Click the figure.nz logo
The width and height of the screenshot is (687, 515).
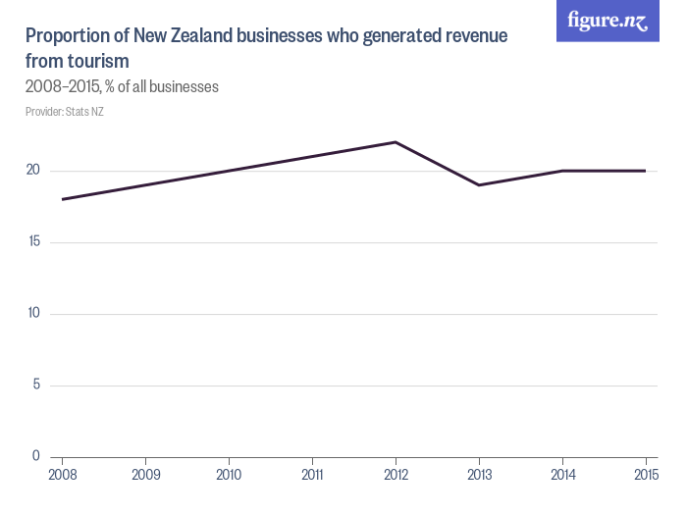608,21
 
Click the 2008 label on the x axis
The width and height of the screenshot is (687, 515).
62,475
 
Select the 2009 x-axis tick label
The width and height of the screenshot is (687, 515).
145,475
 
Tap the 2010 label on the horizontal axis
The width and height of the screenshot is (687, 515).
229,475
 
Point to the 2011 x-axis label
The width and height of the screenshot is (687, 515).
312,475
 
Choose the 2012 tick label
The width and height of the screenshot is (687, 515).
395,475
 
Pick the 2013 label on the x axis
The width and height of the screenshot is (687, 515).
478,475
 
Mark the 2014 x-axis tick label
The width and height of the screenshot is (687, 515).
561,475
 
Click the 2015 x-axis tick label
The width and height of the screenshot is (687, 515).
645,475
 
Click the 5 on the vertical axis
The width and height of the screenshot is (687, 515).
35,385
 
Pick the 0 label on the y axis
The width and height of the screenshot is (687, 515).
35,456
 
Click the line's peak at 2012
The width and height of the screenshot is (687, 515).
395,142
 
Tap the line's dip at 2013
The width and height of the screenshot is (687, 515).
478,185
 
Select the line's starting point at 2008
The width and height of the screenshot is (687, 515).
62,199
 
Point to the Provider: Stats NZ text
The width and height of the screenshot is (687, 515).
65,112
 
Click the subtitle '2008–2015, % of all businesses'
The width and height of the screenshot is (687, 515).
122,87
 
